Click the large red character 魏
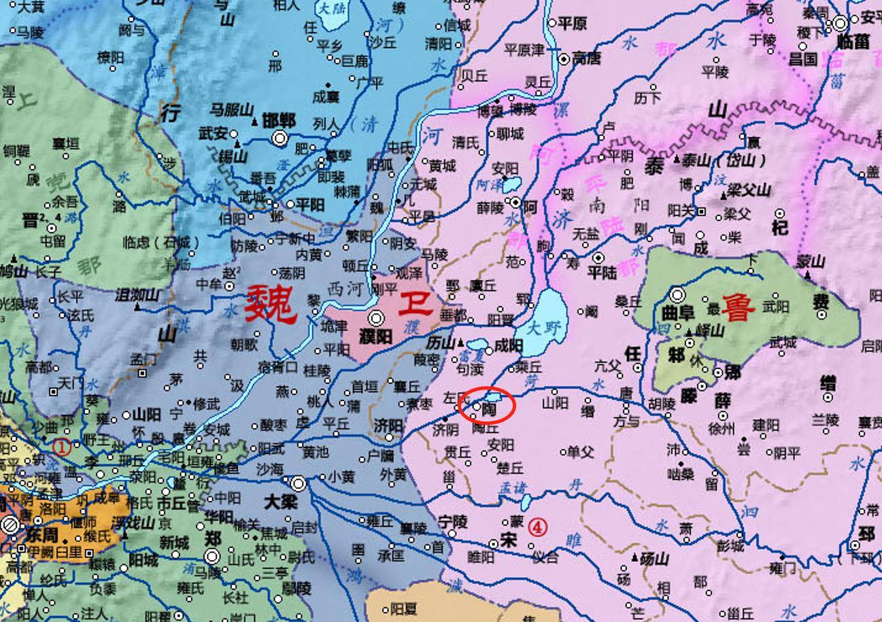271,304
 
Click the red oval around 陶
487,406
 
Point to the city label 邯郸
278,121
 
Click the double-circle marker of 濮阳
376,318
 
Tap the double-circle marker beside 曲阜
677,294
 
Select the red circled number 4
537,527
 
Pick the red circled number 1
62,447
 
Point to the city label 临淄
853,41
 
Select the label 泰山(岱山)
724,160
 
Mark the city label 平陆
601,273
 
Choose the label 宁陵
452,522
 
